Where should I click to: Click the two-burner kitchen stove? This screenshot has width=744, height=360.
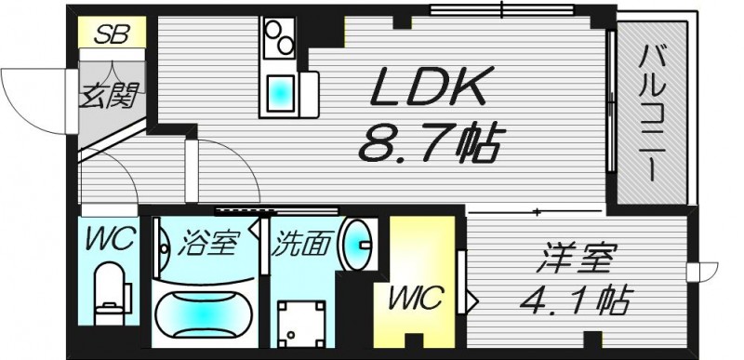[x=277, y=39]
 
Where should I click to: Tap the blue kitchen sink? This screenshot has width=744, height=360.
[x=279, y=93]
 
